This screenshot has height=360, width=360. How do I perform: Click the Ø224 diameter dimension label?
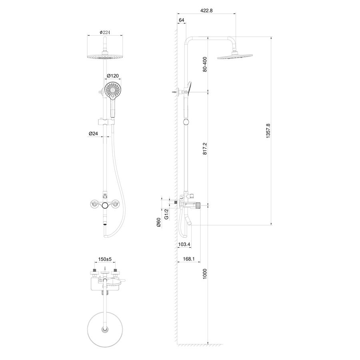point(105,32)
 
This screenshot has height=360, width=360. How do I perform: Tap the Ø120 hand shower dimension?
point(113,76)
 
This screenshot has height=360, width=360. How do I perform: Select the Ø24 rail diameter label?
point(93,133)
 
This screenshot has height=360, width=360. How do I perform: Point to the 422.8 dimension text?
point(206,10)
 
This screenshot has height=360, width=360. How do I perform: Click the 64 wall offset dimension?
point(181,20)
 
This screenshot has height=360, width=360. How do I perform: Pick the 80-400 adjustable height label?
point(205,64)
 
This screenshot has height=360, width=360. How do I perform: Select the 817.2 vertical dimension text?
point(205,148)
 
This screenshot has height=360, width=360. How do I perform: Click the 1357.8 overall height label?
point(268,131)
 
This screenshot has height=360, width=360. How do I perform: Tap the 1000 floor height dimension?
point(205,274)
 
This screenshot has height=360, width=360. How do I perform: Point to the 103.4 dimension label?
point(184,244)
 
